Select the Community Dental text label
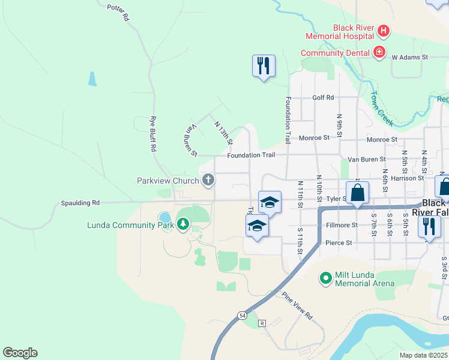point(335,53)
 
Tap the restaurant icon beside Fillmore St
point(429,226)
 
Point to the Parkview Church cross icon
point(208,179)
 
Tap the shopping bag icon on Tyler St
point(357,193)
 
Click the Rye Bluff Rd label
point(154,133)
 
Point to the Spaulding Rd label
point(80,203)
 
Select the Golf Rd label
point(322,98)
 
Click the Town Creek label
point(381,108)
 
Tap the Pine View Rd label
point(298,305)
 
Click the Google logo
point(20,353)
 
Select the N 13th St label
point(223,133)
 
